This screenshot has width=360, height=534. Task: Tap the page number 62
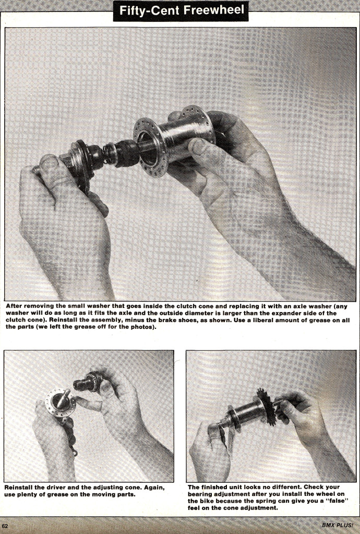point(5,525)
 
